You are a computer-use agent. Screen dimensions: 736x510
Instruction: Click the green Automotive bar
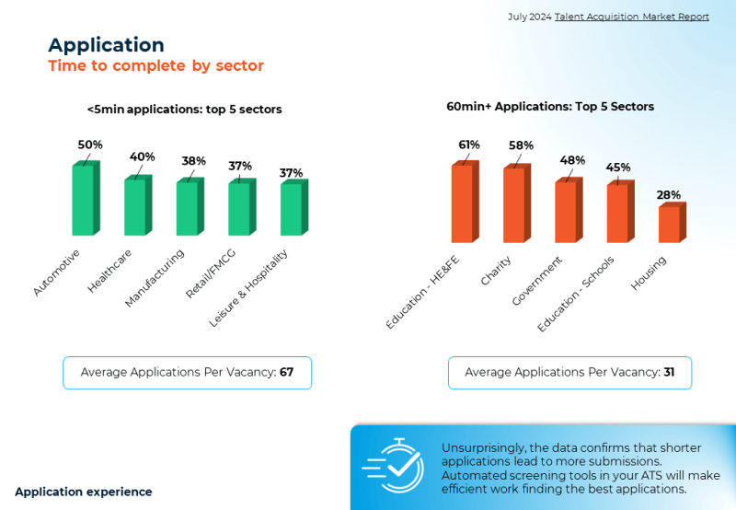coord(86,198)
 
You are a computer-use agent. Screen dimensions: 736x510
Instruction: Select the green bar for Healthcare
coord(138,205)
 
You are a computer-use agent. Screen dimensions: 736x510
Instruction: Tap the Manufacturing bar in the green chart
coord(190,206)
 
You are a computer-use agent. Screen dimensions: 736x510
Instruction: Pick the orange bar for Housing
coord(673,223)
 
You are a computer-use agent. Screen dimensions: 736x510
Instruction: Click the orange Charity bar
coord(517,203)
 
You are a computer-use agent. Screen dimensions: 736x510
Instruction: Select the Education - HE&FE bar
coord(466,202)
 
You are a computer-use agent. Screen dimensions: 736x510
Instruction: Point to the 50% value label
coord(90,145)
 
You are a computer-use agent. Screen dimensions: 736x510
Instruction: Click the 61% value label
coord(469,145)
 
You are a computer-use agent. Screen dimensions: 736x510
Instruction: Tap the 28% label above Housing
coord(669,195)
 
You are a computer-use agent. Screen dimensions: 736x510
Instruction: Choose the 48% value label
coord(572,160)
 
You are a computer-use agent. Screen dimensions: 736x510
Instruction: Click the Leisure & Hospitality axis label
coord(247,288)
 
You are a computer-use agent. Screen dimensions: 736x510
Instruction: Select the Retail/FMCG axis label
coord(211,273)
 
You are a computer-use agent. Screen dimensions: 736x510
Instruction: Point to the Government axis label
coord(536,281)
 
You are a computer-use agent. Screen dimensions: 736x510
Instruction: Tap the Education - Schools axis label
coord(576,294)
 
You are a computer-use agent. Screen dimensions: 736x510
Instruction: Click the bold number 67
coord(286,373)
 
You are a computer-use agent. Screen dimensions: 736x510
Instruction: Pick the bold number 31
coord(669,373)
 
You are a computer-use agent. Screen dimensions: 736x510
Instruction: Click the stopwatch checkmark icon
coord(394,466)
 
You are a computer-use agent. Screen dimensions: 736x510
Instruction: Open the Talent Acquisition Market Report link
coord(632,17)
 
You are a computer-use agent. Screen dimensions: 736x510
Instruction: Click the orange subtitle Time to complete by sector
coord(155,65)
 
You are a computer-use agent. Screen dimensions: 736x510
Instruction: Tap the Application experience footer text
coord(84,492)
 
